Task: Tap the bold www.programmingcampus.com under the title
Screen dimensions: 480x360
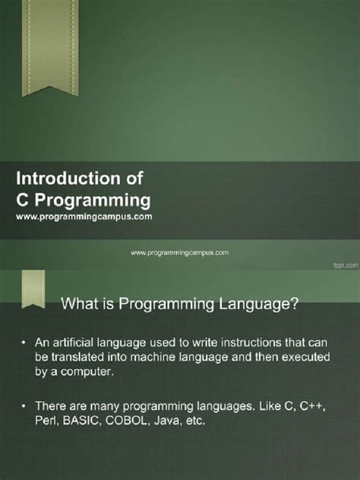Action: click(x=84, y=216)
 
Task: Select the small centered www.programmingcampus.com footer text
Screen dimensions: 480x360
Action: click(x=180, y=251)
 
